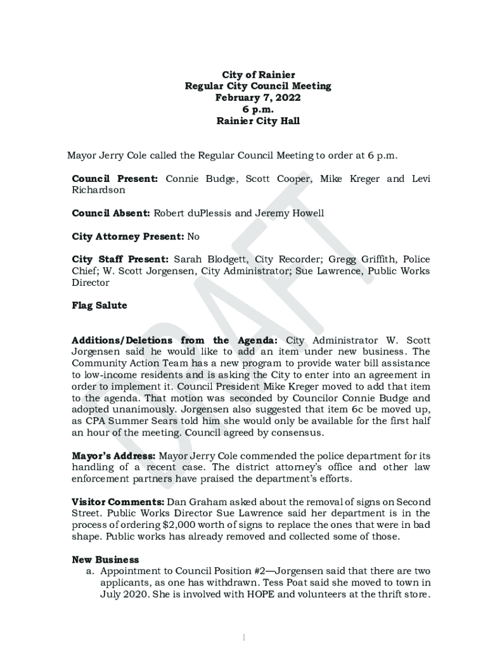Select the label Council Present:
[115, 179]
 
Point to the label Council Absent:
[111, 213]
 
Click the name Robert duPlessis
[193, 213]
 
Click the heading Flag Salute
[100, 305]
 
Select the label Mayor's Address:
[113, 456]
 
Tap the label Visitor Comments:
[118, 502]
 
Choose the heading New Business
[105, 560]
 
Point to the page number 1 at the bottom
[245, 636]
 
